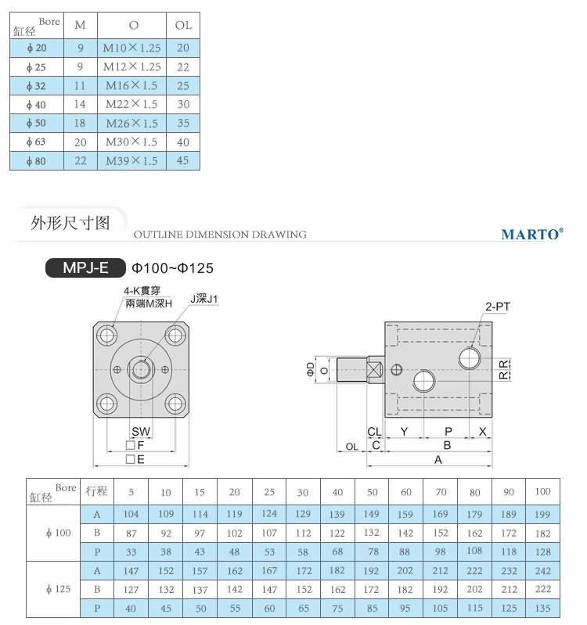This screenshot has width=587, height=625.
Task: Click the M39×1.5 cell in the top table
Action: [x=131, y=161]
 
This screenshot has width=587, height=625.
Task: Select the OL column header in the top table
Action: [x=183, y=25]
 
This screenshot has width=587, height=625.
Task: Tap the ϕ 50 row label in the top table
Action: [x=36, y=124]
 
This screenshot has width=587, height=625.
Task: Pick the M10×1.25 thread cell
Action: [x=131, y=48]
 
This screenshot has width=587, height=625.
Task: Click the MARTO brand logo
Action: [x=531, y=234]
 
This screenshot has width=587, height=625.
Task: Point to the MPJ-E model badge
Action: [x=85, y=268]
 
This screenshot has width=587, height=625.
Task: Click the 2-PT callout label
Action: [x=497, y=307]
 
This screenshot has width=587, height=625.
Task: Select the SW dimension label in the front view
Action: [x=141, y=432]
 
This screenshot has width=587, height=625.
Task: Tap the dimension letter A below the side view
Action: [x=438, y=460]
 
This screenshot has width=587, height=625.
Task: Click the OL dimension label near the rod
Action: [x=351, y=446]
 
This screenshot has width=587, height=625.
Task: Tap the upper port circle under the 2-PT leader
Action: [x=470, y=358]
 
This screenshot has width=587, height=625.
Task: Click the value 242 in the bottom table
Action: [x=542, y=571]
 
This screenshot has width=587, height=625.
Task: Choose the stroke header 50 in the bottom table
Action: [x=373, y=492]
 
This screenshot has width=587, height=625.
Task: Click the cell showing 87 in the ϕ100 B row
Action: [x=131, y=533]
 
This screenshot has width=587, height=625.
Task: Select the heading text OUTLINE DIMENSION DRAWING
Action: [x=220, y=235]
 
